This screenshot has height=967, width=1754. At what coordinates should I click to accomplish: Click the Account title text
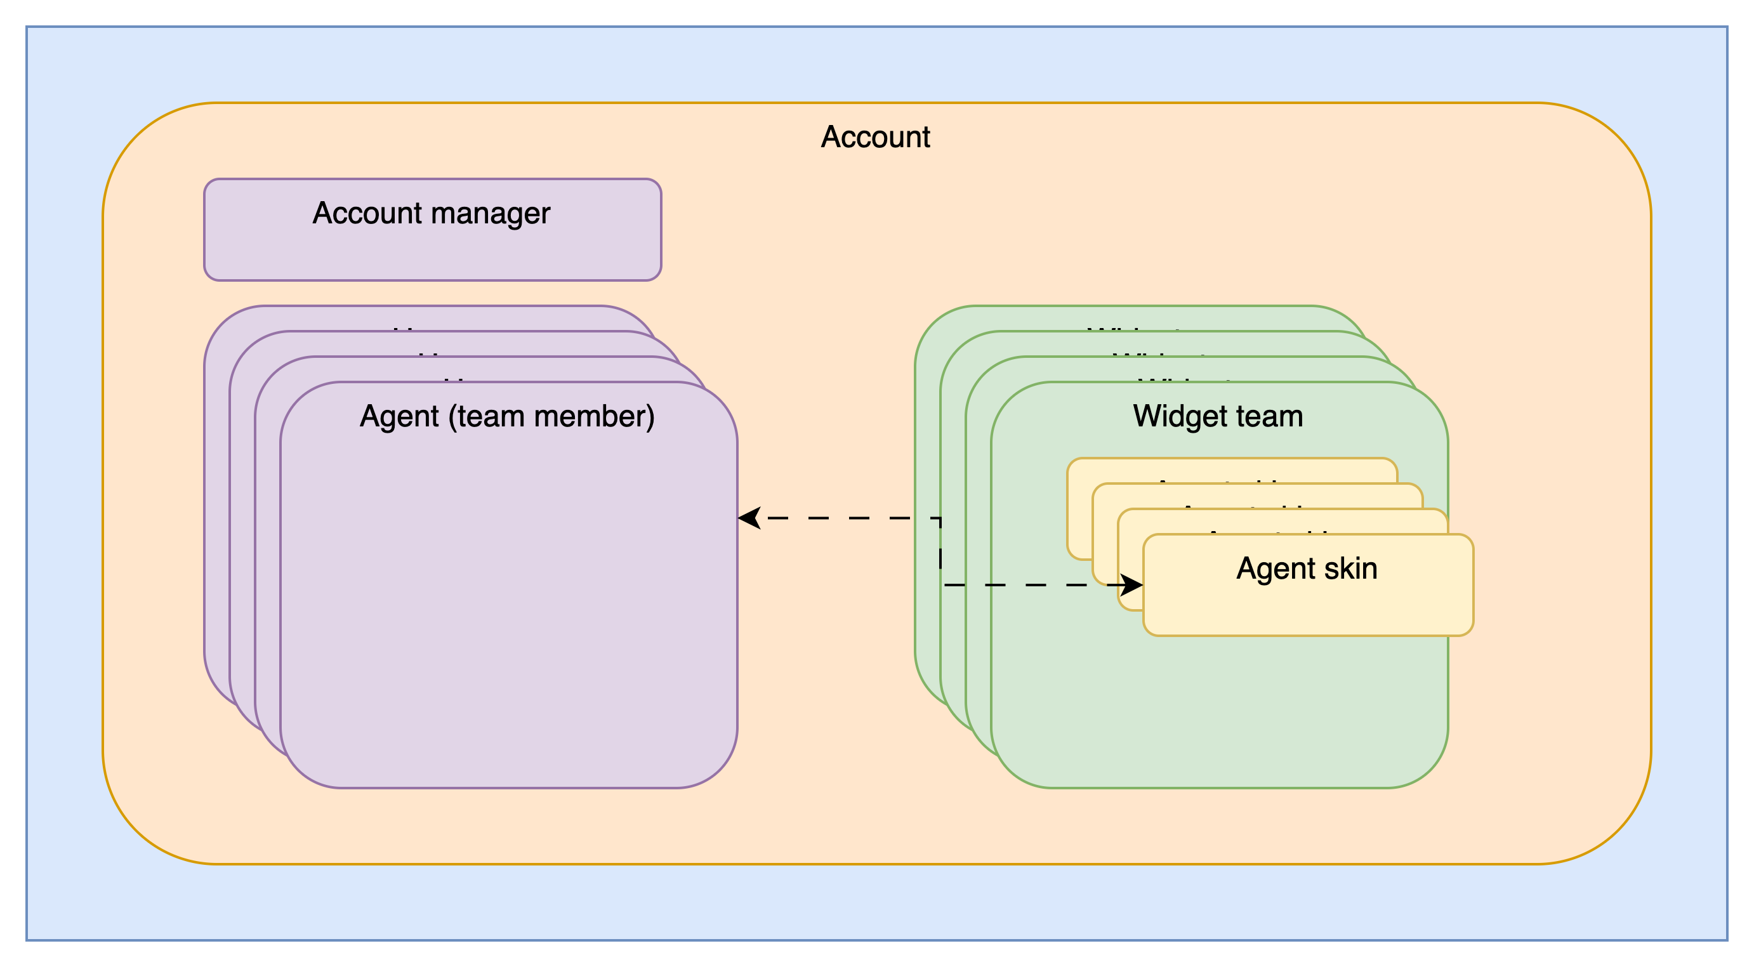click(875, 137)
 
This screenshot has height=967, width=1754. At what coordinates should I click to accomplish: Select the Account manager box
click(432, 252)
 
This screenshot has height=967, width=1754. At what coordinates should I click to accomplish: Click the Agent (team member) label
click(507, 416)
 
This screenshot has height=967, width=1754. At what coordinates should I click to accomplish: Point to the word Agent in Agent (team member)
click(399, 416)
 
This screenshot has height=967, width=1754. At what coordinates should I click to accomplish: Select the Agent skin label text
click(1307, 569)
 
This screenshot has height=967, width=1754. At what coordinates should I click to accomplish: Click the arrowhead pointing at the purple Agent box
click(748, 518)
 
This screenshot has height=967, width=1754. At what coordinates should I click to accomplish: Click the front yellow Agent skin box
click(1307, 610)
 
